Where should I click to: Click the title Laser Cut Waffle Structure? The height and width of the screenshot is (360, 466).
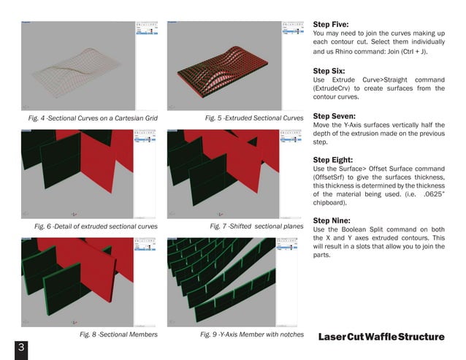click(381, 337)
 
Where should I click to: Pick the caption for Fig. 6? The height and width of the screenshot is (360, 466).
click(96, 226)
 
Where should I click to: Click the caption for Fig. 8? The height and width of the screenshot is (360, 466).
click(118, 334)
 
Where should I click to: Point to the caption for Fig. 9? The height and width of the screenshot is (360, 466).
click(251, 334)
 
